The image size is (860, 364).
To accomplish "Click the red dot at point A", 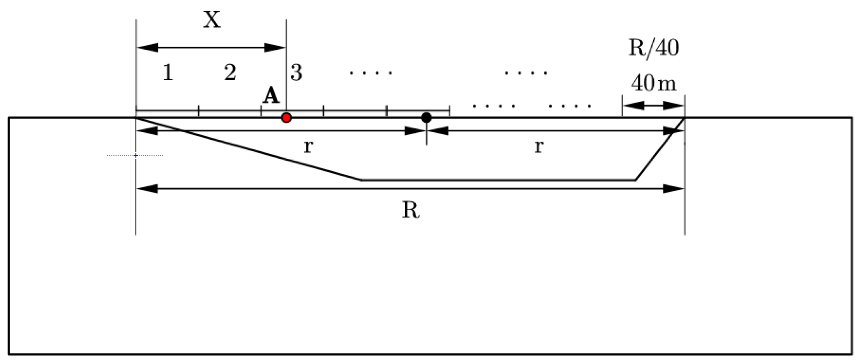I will tap(286, 118).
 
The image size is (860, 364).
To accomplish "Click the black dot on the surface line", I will tap(426, 117).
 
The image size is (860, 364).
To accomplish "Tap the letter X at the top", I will tap(212, 20).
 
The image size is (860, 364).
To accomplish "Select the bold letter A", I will tap(271, 96).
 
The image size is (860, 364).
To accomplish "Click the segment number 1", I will tap(168, 73).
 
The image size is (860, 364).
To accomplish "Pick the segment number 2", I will tap(230, 73).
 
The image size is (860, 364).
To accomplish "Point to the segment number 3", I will tap(296, 73).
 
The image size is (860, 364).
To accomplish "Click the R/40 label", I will tap(654, 48).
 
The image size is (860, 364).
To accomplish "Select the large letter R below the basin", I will tap(411, 210).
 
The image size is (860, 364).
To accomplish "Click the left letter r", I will tap(308, 147).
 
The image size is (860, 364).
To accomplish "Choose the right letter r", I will tap(539, 147).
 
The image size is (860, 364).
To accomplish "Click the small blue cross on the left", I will tap(136, 156).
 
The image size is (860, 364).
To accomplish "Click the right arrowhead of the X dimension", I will tap(275, 48).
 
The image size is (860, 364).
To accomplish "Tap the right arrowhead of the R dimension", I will tap(673, 189).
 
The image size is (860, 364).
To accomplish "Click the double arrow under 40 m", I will tap(654, 105).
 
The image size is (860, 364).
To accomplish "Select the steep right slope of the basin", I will tap(660, 149).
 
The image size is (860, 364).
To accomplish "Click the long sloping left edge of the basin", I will tap(249, 149).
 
